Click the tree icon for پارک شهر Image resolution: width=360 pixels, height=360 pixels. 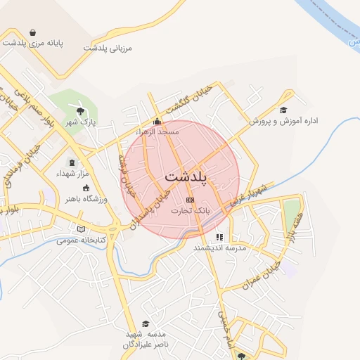(81, 110)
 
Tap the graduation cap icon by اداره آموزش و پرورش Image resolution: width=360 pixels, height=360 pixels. (283, 110)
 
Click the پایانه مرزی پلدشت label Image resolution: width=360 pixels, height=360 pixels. (32, 43)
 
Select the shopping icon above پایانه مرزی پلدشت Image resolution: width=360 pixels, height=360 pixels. (33, 32)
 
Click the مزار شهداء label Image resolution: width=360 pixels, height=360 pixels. (72, 172)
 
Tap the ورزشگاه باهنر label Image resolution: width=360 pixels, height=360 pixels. (86, 199)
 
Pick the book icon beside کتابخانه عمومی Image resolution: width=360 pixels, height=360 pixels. (82, 229)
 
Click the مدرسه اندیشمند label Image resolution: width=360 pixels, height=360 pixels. (219, 248)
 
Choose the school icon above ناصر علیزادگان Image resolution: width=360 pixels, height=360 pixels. (146, 323)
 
